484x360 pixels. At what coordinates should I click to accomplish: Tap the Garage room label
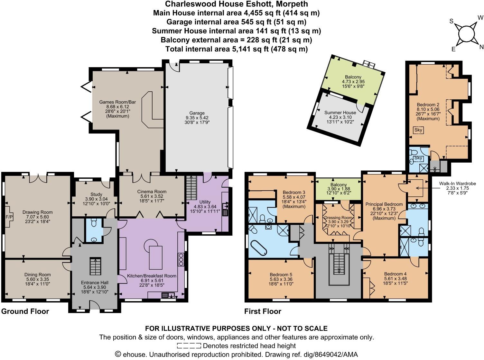197,113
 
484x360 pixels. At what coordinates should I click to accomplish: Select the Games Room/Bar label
117,102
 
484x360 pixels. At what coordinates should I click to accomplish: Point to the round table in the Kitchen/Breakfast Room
150,245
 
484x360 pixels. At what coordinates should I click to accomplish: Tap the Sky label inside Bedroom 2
418,130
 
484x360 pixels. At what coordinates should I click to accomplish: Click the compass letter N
481,47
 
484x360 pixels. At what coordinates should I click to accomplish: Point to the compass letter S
451,21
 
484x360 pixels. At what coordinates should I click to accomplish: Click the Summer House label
340,113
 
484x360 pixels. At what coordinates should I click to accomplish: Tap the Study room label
96,194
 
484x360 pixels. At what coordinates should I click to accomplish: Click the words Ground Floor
25,311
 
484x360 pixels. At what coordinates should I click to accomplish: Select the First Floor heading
263,311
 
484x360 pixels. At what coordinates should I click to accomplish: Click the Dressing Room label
338,218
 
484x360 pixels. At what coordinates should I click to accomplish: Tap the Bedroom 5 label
281,274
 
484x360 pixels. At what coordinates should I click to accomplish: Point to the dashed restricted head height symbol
189,346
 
